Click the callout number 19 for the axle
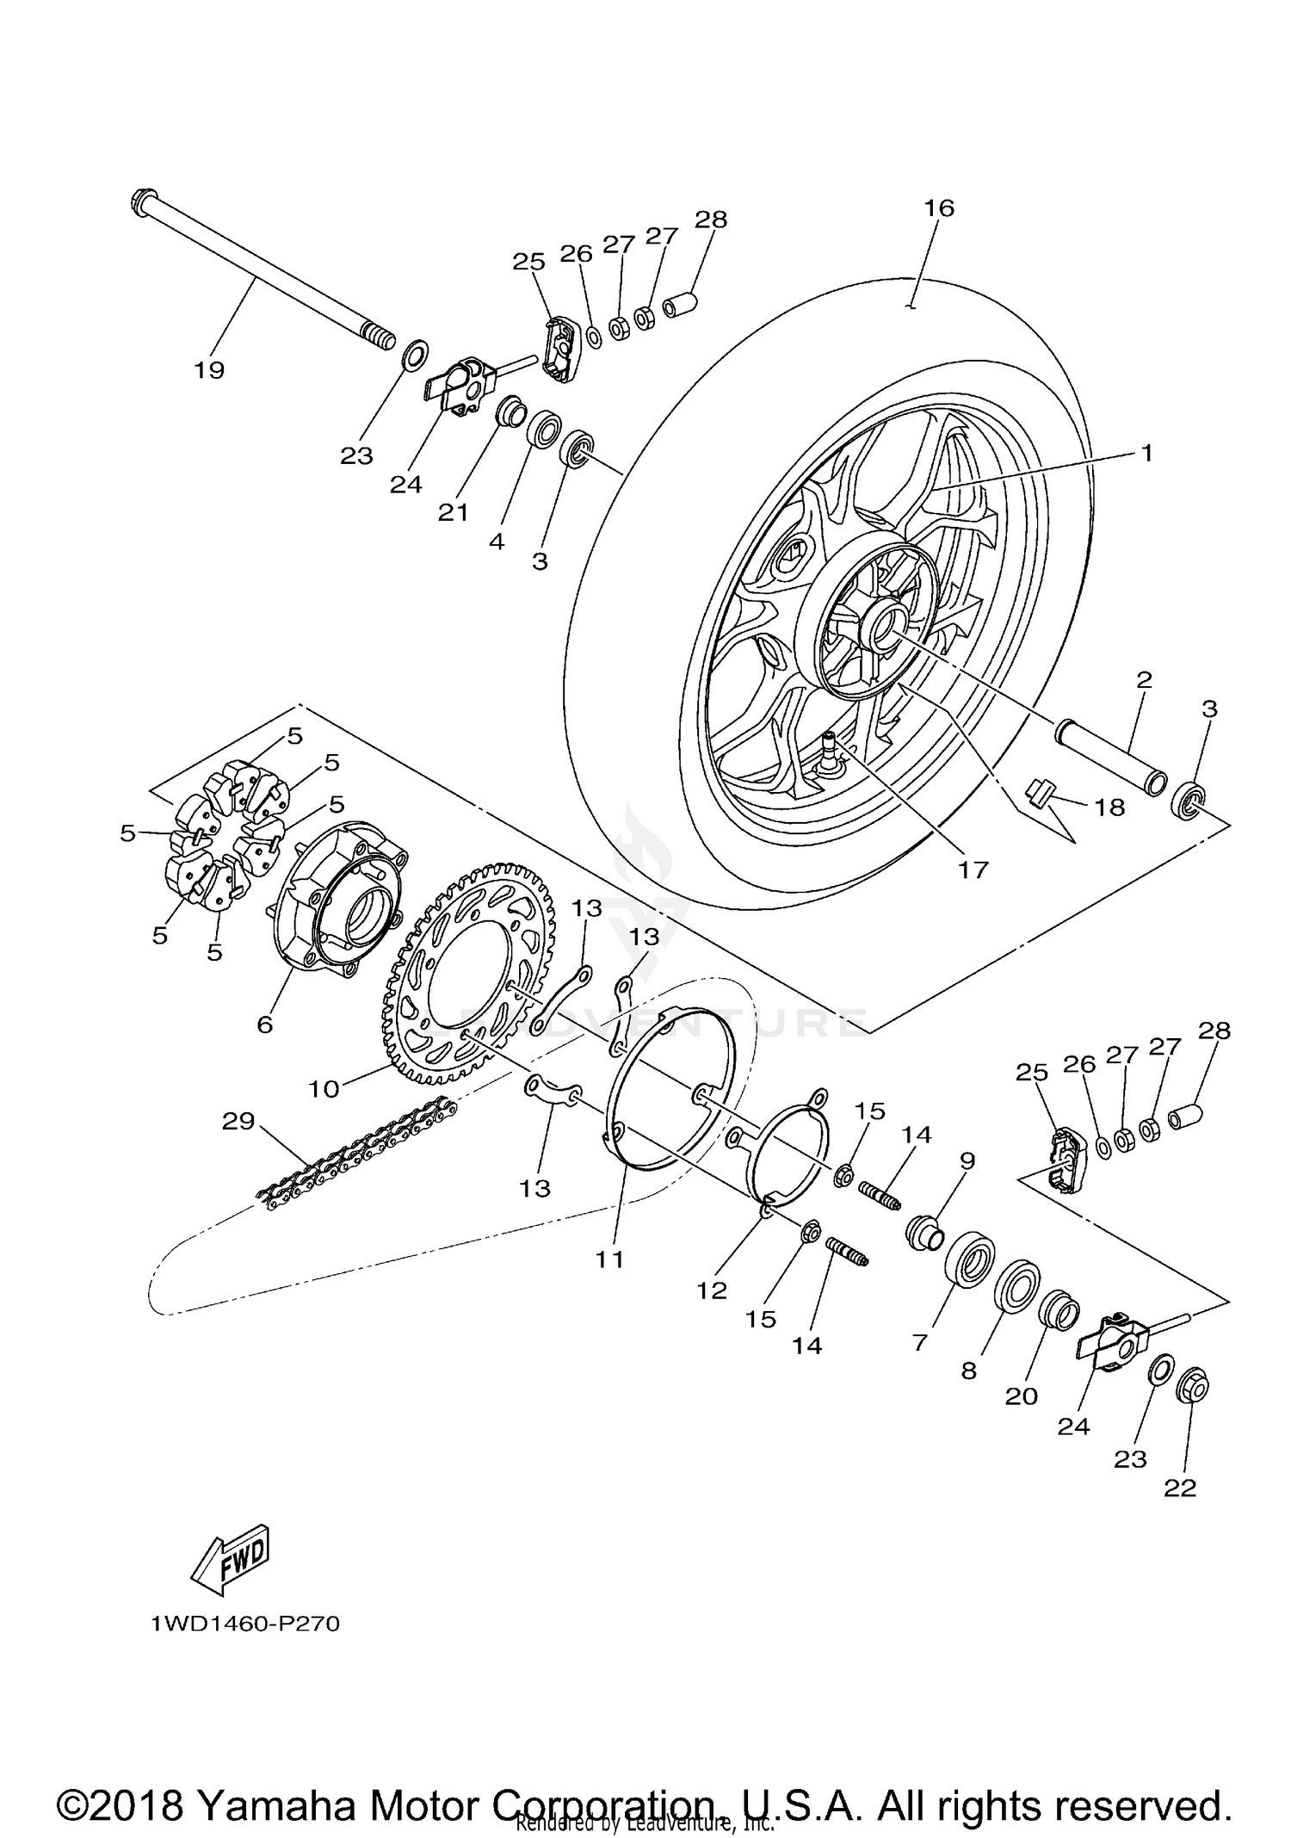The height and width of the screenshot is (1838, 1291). tap(209, 370)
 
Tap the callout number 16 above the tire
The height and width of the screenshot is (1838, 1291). tap(939, 208)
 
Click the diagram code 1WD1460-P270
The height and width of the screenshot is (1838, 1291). tap(245, 1624)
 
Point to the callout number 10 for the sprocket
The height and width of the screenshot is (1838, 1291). tap(324, 1090)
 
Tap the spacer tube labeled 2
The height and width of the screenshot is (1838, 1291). tap(1110, 754)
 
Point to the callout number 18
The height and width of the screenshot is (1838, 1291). tap(1109, 807)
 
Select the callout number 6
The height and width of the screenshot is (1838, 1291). tap(265, 1024)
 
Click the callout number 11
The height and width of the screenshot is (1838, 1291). tap(609, 1259)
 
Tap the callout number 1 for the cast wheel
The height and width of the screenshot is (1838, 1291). tap(1146, 453)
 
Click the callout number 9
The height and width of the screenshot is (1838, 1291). tap(967, 1160)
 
